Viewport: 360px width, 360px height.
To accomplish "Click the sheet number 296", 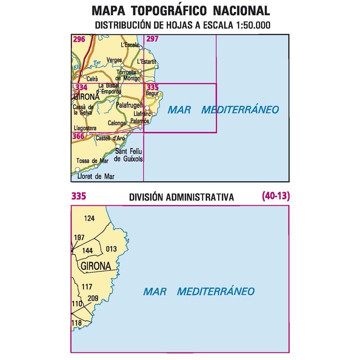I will click(79, 39).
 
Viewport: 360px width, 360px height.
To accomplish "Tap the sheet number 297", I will click(152, 39).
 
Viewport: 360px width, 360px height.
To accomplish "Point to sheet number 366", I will click(78, 137).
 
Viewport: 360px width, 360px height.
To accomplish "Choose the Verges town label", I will click(114, 60).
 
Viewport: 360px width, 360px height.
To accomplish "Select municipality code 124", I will click(90, 218).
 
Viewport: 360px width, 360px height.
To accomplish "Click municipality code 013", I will click(112, 249).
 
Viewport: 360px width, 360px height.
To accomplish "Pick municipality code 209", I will click(93, 298).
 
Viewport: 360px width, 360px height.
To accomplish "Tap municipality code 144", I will click(87, 250).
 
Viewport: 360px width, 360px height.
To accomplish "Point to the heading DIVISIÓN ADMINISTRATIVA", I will click(181, 197).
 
